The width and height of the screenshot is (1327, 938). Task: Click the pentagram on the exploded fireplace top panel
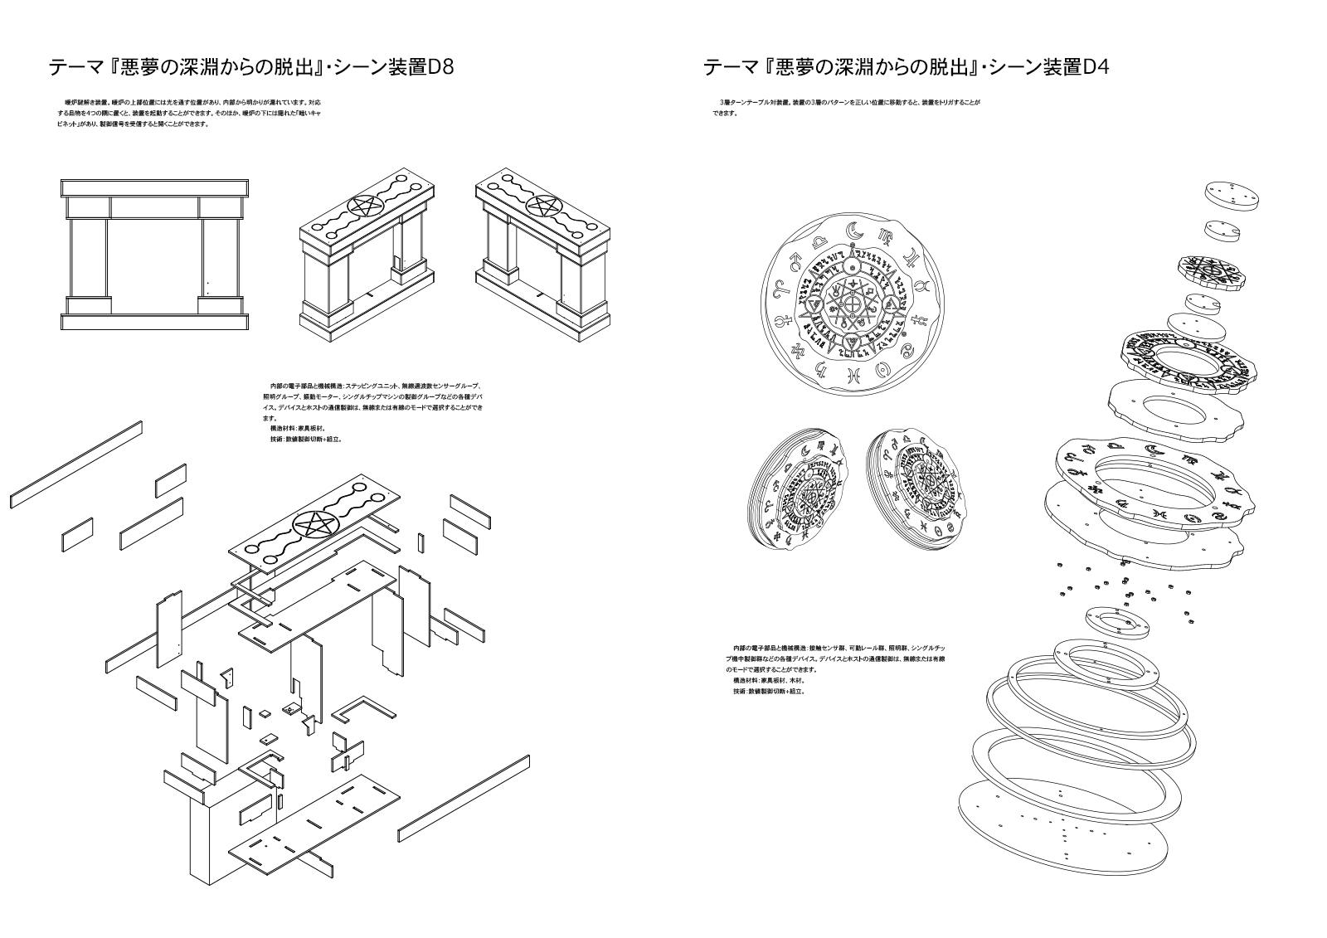click(314, 524)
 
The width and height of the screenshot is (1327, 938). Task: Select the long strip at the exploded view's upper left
click(76, 464)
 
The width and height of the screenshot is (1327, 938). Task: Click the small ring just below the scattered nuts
click(1116, 622)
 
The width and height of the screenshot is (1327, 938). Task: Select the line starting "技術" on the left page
click(306, 439)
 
